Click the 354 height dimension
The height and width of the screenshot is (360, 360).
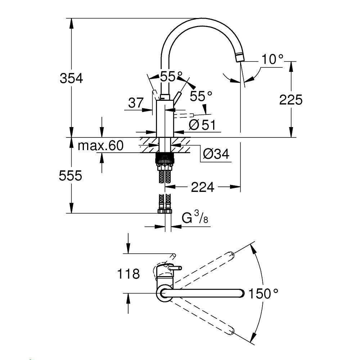71,78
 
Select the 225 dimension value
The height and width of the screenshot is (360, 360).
291,100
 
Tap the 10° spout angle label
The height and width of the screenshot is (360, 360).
272,59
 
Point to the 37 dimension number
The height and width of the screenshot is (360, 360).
136,103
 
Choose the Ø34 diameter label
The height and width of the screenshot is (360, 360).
216,154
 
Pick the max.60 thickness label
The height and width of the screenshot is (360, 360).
101,146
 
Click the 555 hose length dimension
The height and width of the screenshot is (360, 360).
71,176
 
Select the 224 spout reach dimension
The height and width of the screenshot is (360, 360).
203,187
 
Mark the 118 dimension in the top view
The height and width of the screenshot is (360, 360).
128,274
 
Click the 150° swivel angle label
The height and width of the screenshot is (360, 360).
263,294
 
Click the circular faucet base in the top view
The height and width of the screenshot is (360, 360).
165,293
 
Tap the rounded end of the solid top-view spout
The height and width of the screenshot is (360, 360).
242,293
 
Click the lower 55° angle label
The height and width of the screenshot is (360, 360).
201,96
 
